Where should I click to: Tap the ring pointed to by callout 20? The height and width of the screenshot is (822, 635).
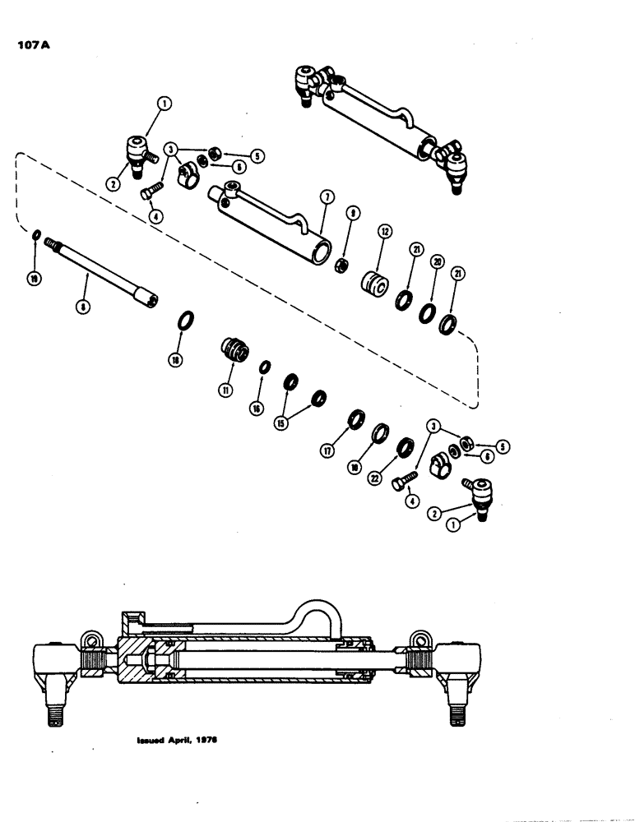click(429, 312)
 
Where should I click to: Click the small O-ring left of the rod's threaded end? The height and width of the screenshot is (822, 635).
click(37, 237)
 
